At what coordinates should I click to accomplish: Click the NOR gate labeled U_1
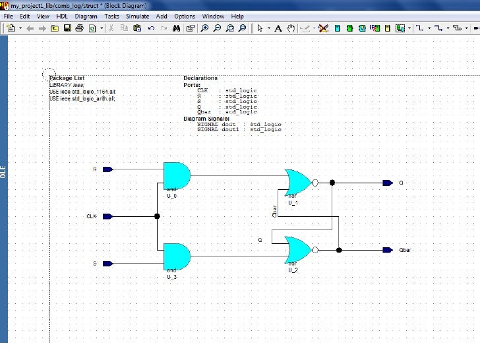click(297, 182)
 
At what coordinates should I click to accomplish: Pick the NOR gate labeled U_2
click(297, 250)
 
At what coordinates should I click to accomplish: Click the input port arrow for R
click(107, 169)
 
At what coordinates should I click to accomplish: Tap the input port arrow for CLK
click(107, 216)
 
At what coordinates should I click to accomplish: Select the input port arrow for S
click(107, 264)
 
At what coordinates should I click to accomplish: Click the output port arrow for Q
click(388, 183)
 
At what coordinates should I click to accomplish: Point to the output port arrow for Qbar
click(388, 250)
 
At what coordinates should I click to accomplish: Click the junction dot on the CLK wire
click(157, 216)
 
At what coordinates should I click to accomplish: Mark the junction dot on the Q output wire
click(332, 183)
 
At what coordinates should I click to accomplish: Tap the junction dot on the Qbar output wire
click(339, 250)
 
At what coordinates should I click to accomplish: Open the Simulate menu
click(137, 16)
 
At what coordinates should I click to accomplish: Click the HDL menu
click(61, 16)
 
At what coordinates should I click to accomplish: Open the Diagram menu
click(86, 16)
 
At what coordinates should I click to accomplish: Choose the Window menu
click(213, 16)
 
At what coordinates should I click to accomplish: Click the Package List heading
click(67, 78)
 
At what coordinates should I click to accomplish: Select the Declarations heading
click(200, 78)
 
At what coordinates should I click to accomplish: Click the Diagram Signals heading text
click(206, 119)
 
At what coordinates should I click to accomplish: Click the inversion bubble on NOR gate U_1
click(315, 183)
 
